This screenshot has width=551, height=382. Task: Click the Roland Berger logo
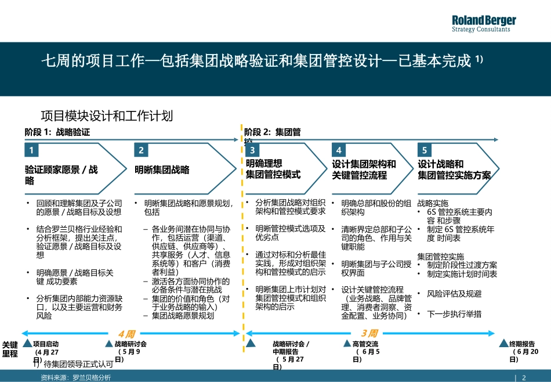pos(484,24)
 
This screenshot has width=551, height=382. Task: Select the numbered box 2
pos(141,150)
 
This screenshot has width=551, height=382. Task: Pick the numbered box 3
pos(252,150)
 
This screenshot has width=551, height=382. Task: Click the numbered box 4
pos(339,150)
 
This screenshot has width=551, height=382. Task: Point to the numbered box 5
pos(425,150)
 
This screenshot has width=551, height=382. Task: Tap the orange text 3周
pos(369,334)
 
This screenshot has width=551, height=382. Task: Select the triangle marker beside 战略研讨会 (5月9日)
pos(109,344)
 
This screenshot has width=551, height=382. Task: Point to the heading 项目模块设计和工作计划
pos(107,116)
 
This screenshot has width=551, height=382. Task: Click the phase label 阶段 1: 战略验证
pos(57,132)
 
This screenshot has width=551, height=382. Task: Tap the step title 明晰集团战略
pos(162,170)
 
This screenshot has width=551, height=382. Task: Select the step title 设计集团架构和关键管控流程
pos(364,170)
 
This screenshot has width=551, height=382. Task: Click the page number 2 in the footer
pos(524,377)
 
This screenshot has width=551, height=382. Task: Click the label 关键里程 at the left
pos(10,349)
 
